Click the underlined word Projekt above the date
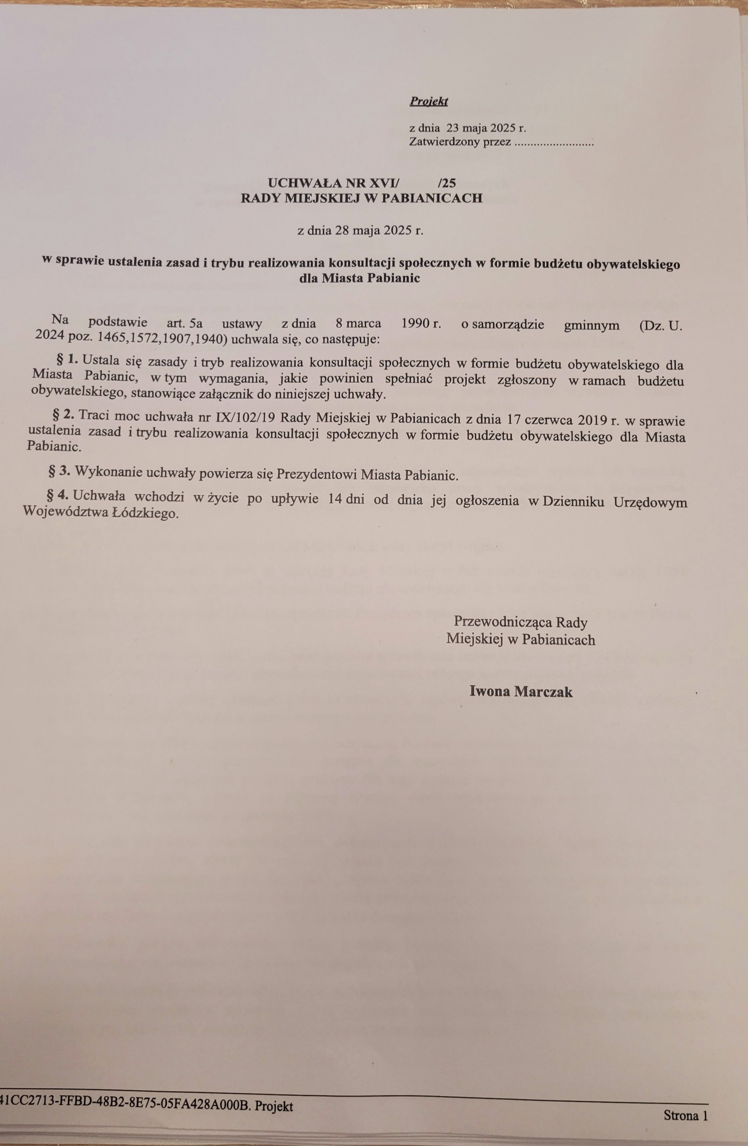429,101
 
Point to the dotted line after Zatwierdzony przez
553,142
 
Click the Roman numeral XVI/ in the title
381,183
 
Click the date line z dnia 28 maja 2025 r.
360,230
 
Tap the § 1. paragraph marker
67,358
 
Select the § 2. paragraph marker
63,415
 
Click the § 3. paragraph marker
59,471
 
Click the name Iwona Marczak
521,692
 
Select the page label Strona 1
685,1115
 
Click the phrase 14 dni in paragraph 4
346,500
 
